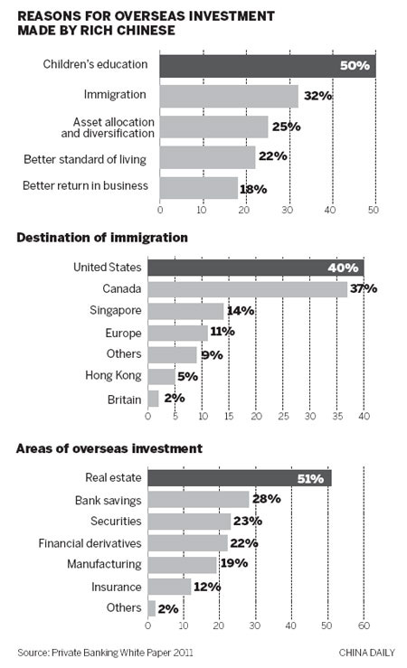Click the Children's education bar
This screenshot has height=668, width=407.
pyautogui.click(x=267, y=66)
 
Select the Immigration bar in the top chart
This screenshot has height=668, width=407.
pyautogui.click(x=229, y=96)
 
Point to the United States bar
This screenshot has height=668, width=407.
pyautogui.click(x=255, y=267)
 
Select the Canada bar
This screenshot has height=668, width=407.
pyautogui.click(x=247, y=289)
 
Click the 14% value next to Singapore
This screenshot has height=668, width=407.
pyautogui.click(x=241, y=311)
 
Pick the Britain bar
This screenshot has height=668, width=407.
pyautogui.click(x=153, y=399)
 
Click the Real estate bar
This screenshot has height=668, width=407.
pyautogui.click(x=240, y=478)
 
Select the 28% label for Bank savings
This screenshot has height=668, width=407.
pyautogui.click(x=267, y=499)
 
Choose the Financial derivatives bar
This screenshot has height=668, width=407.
pyautogui.click(x=187, y=542)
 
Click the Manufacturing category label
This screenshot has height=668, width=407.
pyautogui.click(x=103, y=564)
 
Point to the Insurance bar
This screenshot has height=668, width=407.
pyautogui.click(x=169, y=587)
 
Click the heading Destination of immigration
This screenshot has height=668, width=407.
pyautogui.click(x=100, y=238)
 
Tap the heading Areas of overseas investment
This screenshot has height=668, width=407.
pyautogui.click(x=109, y=448)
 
